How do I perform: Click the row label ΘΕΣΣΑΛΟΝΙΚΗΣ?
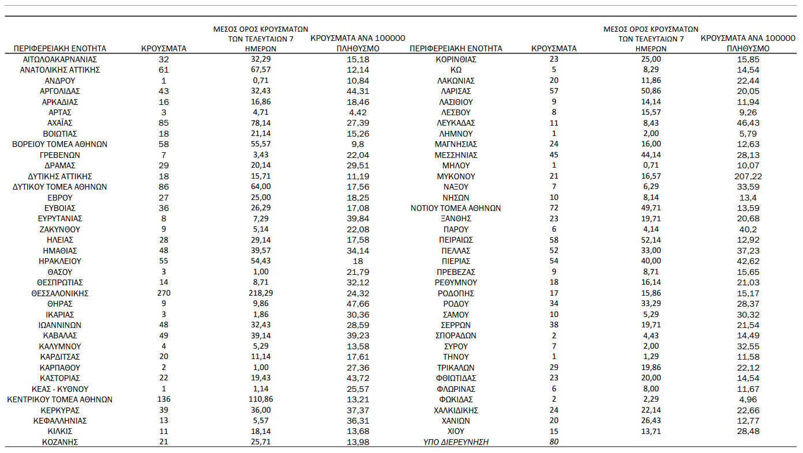(x=60, y=293)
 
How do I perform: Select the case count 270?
(x=164, y=293)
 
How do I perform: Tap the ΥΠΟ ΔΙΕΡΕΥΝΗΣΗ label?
(x=456, y=442)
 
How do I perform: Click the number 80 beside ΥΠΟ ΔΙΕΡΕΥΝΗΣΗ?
(x=554, y=442)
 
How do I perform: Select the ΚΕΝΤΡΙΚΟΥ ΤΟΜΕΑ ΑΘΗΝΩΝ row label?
(x=60, y=399)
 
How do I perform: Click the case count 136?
(x=164, y=399)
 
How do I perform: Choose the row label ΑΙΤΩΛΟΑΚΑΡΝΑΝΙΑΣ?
(x=60, y=59)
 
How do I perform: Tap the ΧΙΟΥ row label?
(x=456, y=431)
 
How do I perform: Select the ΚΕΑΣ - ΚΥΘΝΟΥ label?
(x=60, y=389)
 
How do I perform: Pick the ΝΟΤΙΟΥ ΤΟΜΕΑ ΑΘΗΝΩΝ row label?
(x=456, y=208)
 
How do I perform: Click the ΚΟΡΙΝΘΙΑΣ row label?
(x=456, y=59)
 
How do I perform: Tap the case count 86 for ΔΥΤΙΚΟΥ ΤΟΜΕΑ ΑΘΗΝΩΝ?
(x=164, y=187)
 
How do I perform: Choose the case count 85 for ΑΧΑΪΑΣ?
(x=164, y=123)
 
